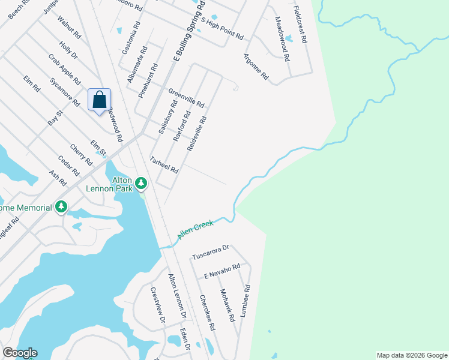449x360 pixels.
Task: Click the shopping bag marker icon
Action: pyautogui.click(x=100, y=100)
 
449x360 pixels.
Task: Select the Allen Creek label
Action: pyautogui.click(x=195, y=231)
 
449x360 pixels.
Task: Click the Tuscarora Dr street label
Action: pyautogui.click(x=211, y=252)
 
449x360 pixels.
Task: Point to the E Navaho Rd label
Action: pyautogui.click(x=221, y=271)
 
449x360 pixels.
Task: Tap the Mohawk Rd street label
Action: pyautogui.click(x=226, y=305)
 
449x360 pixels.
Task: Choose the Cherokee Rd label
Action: pyautogui.click(x=207, y=314)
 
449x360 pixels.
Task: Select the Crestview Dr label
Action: pyautogui.click(x=157, y=305)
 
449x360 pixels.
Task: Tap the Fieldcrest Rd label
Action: pyautogui.click(x=300, y=25)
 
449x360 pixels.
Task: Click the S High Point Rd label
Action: pyautogui.click(x=223, y=29)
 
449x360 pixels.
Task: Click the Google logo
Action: pyautogui.click(x=20, y=353)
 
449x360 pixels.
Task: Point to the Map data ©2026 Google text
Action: pyautogui.click(x=411, y=355)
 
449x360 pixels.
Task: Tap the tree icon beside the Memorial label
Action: pyautogui.click(x=61, y=207)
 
